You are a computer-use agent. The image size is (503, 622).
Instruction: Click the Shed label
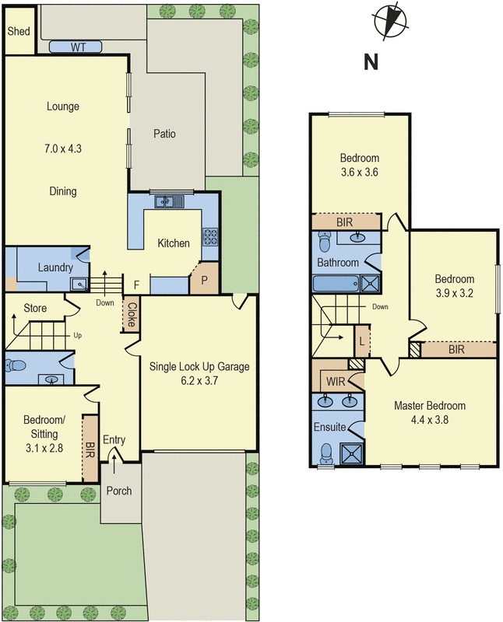(19, 31)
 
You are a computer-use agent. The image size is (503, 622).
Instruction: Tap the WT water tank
(76, 47)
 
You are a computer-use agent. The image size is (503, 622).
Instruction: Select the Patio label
(164, 134)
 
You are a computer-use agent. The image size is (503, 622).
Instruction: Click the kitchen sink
(169, 201)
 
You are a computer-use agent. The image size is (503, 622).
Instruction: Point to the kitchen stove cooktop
(210, 237)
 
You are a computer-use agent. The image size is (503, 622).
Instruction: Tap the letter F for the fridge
(136, 285)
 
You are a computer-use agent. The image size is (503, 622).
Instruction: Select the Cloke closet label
(132, 315)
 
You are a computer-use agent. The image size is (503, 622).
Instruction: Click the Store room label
(35, 308)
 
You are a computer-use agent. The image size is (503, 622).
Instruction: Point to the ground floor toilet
(15, 365)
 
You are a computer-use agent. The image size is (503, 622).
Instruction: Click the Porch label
(119, 491)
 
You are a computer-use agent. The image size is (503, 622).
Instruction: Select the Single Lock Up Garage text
(199, 366)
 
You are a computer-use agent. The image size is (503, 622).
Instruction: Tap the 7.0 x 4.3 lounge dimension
(63, 149)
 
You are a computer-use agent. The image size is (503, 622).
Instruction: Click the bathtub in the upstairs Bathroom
(336, 284)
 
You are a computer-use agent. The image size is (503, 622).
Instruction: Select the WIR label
(336, 382)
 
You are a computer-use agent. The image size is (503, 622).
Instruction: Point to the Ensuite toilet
(326, 453)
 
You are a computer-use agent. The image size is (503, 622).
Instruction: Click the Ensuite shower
(352, 453)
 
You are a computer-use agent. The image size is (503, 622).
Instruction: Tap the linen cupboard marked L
(361, 341)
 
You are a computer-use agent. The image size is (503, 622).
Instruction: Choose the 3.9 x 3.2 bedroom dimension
(455, 293)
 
